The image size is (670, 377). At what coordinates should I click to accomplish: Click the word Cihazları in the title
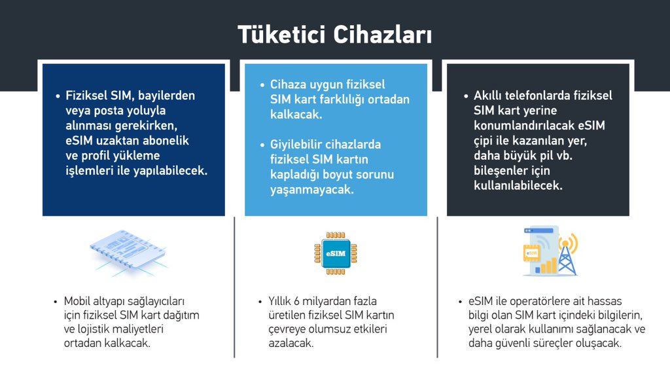382,35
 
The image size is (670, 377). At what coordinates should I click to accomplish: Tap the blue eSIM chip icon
336,253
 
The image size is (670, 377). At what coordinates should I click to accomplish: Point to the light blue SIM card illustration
128,252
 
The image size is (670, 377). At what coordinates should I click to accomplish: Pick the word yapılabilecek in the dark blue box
170,171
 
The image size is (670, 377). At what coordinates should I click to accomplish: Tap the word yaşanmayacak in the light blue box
312,189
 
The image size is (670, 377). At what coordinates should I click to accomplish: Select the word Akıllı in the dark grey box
487,96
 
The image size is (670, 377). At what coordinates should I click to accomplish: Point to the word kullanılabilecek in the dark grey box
518,185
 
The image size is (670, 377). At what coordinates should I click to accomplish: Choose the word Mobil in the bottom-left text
78,301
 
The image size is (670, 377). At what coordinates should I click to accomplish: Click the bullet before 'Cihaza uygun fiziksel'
262,85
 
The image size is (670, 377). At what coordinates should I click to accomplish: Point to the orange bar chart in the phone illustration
549,266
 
